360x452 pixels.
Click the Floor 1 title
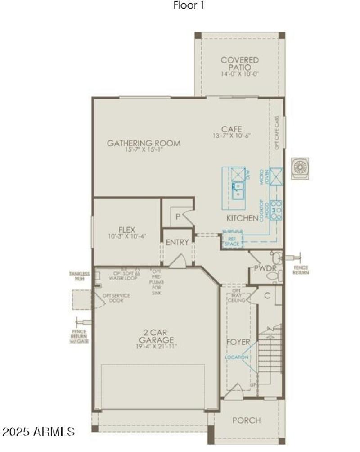click(189, 6)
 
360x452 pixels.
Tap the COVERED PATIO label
click(240, 63)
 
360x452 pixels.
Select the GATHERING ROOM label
click(144, 144)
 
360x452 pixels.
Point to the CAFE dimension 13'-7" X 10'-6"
click(231, 136)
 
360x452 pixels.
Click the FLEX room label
click(127, 229)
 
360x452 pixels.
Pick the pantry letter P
click(178, 217)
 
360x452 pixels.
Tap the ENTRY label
click(177, 242)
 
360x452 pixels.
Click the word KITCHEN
click(242, 218)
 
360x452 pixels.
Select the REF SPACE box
click(233, 240)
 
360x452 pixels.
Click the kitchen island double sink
click(238, 190)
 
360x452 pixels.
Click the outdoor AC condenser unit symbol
click(300, 168)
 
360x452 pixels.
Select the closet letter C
click(267, 296)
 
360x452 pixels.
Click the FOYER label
click(238, 342)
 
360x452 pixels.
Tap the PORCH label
click(246, 420)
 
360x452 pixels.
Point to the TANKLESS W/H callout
click(80, 276)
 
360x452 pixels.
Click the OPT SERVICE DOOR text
click(116, 298)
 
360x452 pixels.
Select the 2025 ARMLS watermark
click(38, 432)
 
